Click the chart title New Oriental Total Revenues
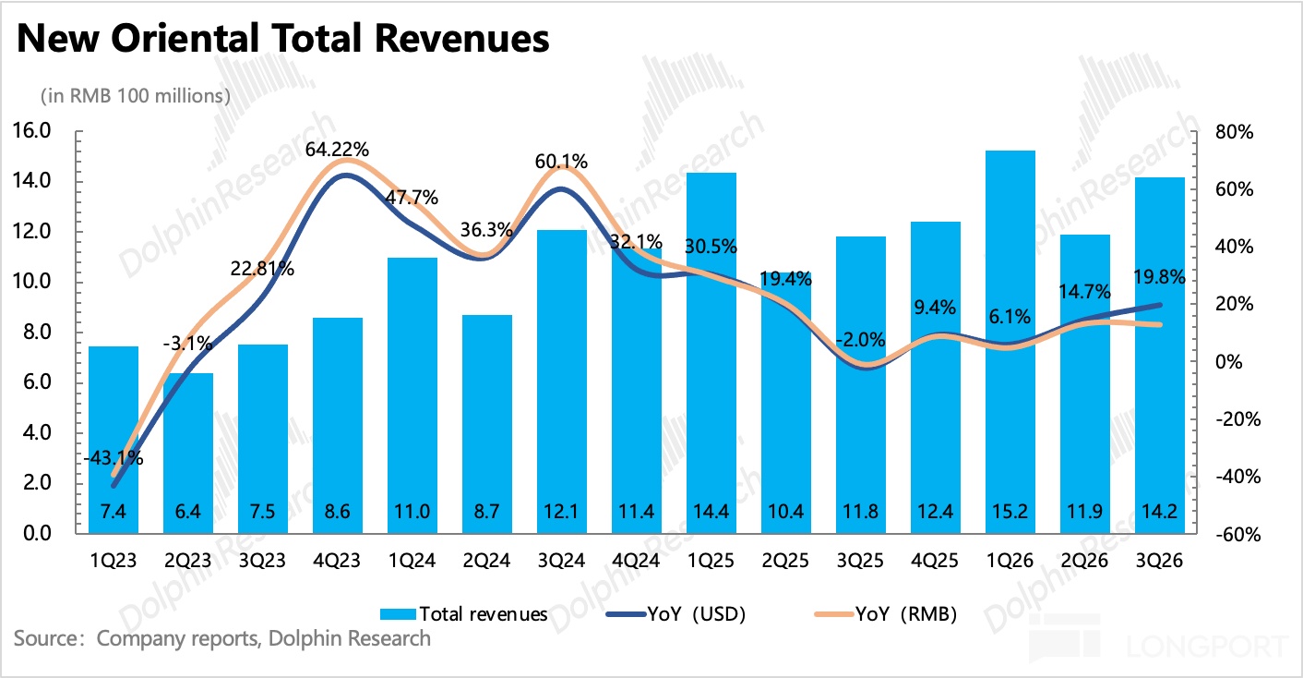[x=282, y=39]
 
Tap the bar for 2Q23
[x=188, y=453]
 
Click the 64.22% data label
[x=339, y=149]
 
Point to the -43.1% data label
[x=114, y=457]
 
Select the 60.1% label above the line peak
[x=562, y=162]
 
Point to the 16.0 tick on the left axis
[x=32, y=131]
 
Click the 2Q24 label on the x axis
[x=487, y=560]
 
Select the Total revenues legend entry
[x=465, y=613]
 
